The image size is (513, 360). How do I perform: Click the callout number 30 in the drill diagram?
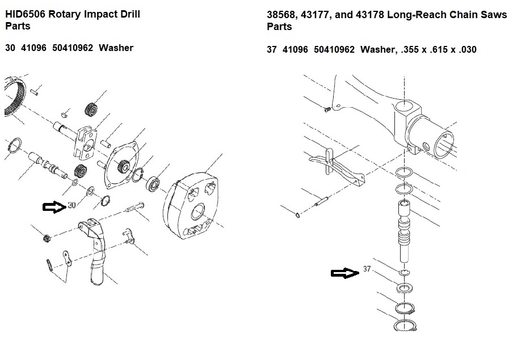point(72,205)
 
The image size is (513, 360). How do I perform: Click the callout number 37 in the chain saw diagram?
point(367,269)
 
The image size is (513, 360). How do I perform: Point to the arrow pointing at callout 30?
point(54,207)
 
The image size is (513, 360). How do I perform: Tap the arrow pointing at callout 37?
point(345,273)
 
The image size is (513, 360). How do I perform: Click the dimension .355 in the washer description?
point(410,49)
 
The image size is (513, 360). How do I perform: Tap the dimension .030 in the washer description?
point(467,49)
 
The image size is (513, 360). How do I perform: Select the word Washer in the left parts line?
point(116,48)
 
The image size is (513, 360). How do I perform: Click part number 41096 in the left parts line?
point(33,48)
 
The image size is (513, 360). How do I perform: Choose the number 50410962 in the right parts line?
point(334,49)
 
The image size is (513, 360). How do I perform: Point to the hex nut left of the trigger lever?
point(47,238)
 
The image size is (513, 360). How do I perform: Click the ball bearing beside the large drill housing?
point(153,184)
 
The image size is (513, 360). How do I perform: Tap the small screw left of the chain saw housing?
point(326,110)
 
